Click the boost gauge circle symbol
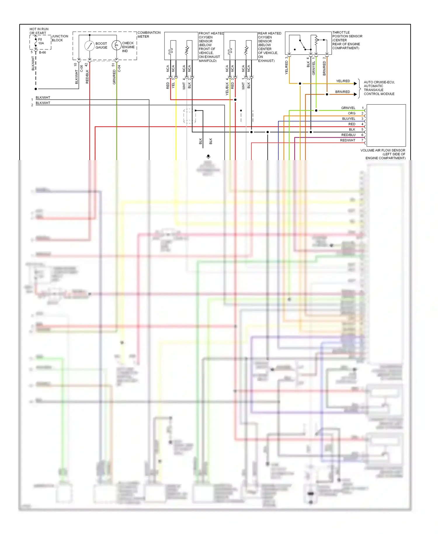click(x=89, y=46)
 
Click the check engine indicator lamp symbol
click(x=116, y=45)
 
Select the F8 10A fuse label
click(x=41, y=41)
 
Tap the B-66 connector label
click(x=42, y=53)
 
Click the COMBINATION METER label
click(x=149, y=34)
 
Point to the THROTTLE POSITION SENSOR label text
click(x=347, y=40)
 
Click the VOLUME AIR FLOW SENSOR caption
click(x=383, y=154)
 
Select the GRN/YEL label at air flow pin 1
click(x=348, y=108)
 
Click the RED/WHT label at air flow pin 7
click(x=347, y=140)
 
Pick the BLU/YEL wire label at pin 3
click(x=349, y=119)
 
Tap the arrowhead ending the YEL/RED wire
click(x=355, y=84)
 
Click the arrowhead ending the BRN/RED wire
click(x=355, y=94)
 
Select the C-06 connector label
click(x=81, y=68)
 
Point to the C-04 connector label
click(x=119, y=68)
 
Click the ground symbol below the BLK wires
click(x=208, y=157)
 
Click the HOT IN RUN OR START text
click(x=39, y=31)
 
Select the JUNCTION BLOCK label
click(x=60, y=38)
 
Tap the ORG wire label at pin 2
click(x=352, y=113)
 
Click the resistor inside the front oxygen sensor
click(x=187, y=50)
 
